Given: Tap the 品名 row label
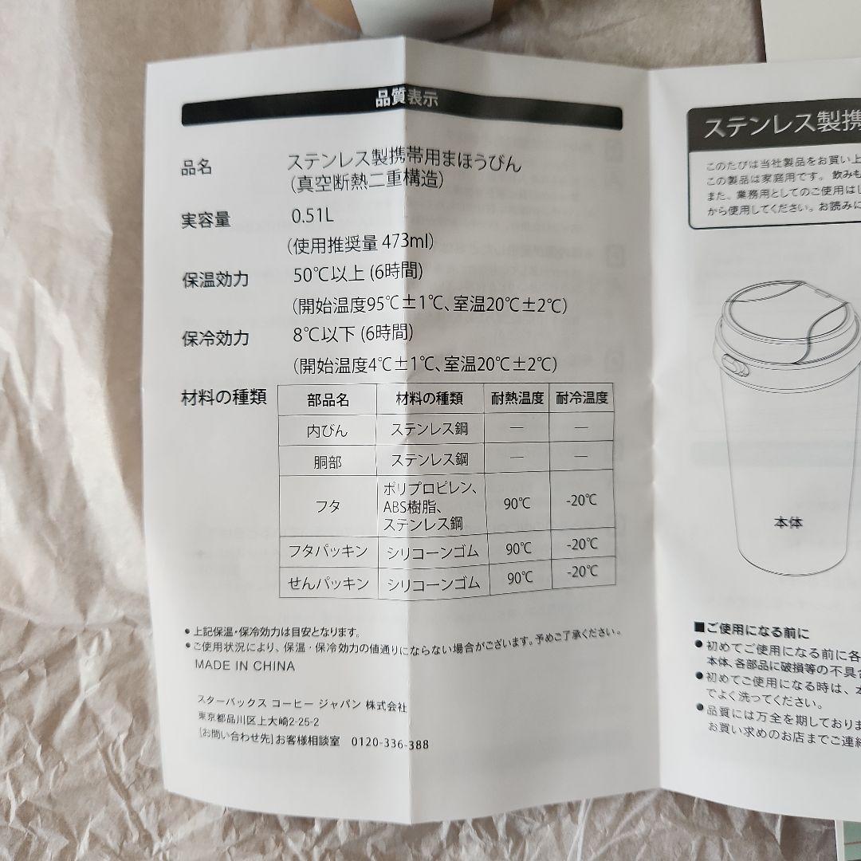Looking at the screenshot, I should coord(198,168).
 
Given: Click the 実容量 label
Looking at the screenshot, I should coord(206,221).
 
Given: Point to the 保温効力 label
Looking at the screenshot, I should coord(214,280).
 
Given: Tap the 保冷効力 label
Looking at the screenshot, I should coord(215,338).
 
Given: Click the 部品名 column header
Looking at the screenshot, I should coord(328,399).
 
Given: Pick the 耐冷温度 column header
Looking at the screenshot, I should coord(582,397).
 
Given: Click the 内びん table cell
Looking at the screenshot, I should coord(328,431).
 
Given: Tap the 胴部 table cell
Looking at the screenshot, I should coord(328,461).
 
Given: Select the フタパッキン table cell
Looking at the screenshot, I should coord(328,550).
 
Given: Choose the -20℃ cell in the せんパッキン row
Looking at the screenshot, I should coord(582,572).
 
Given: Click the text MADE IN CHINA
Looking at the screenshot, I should coord(245,666).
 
